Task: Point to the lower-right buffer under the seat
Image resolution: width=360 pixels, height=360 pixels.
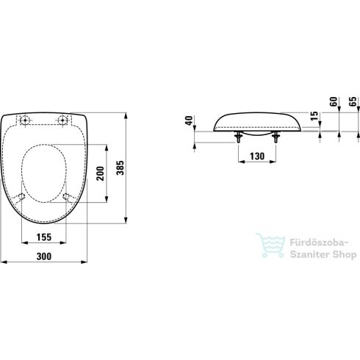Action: pos(68,197)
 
